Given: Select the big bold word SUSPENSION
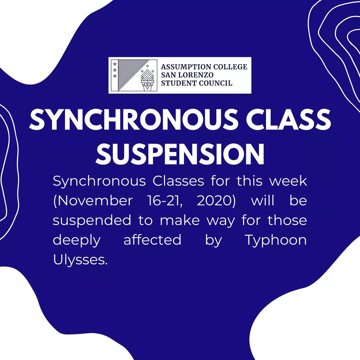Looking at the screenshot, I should pos(180,154).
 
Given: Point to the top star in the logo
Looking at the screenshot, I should pos(115,64).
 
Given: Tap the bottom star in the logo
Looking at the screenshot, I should pos(115,76).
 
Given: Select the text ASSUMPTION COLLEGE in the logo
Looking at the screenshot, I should pos(204,67).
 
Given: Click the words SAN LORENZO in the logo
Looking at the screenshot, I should pos(187,75).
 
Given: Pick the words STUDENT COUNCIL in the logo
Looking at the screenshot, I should pos(197,83).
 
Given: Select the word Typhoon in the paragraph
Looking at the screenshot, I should pos(276,240).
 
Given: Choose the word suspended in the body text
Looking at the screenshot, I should pos(92,221).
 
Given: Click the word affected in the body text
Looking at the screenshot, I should pos(152,240).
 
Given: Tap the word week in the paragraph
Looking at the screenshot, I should pos(288,181).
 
